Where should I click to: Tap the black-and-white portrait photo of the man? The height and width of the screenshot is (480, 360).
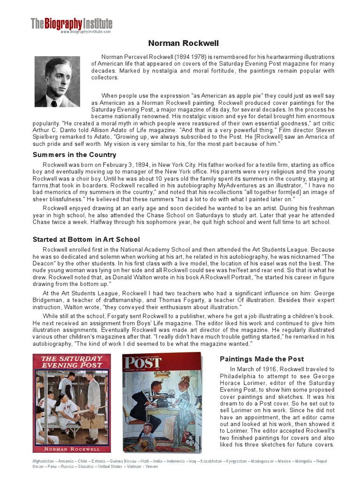click(57, 82)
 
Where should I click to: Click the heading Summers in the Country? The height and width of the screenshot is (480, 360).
click(75, 155)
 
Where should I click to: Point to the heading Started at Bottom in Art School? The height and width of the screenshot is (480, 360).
click(86, 240)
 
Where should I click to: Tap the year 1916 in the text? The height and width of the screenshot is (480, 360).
click(266, 369)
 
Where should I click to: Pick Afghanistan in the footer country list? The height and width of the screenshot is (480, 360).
click(44, 461)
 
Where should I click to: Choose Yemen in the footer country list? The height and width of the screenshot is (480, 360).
click(152, 466)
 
